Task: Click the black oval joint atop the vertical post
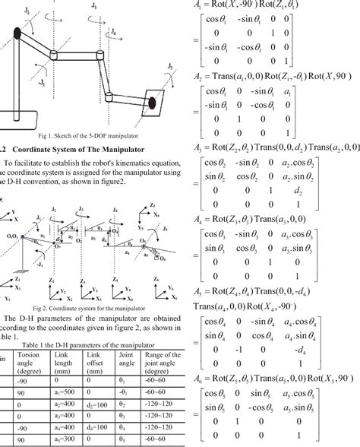(17, 33)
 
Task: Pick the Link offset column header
(97, 360)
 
